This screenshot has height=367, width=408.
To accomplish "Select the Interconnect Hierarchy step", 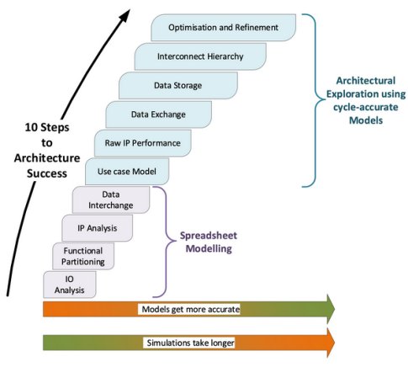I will pos(200,56).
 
